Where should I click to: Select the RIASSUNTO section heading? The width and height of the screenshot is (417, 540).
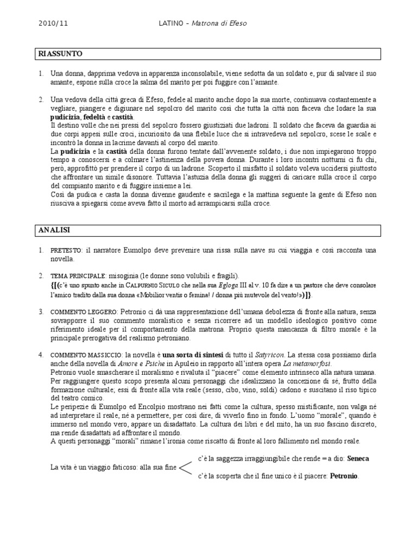pyautogui.click(x=60, y=53)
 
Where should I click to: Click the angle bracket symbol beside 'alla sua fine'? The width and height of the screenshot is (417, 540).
pyautogui.click(x=185, y=467)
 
